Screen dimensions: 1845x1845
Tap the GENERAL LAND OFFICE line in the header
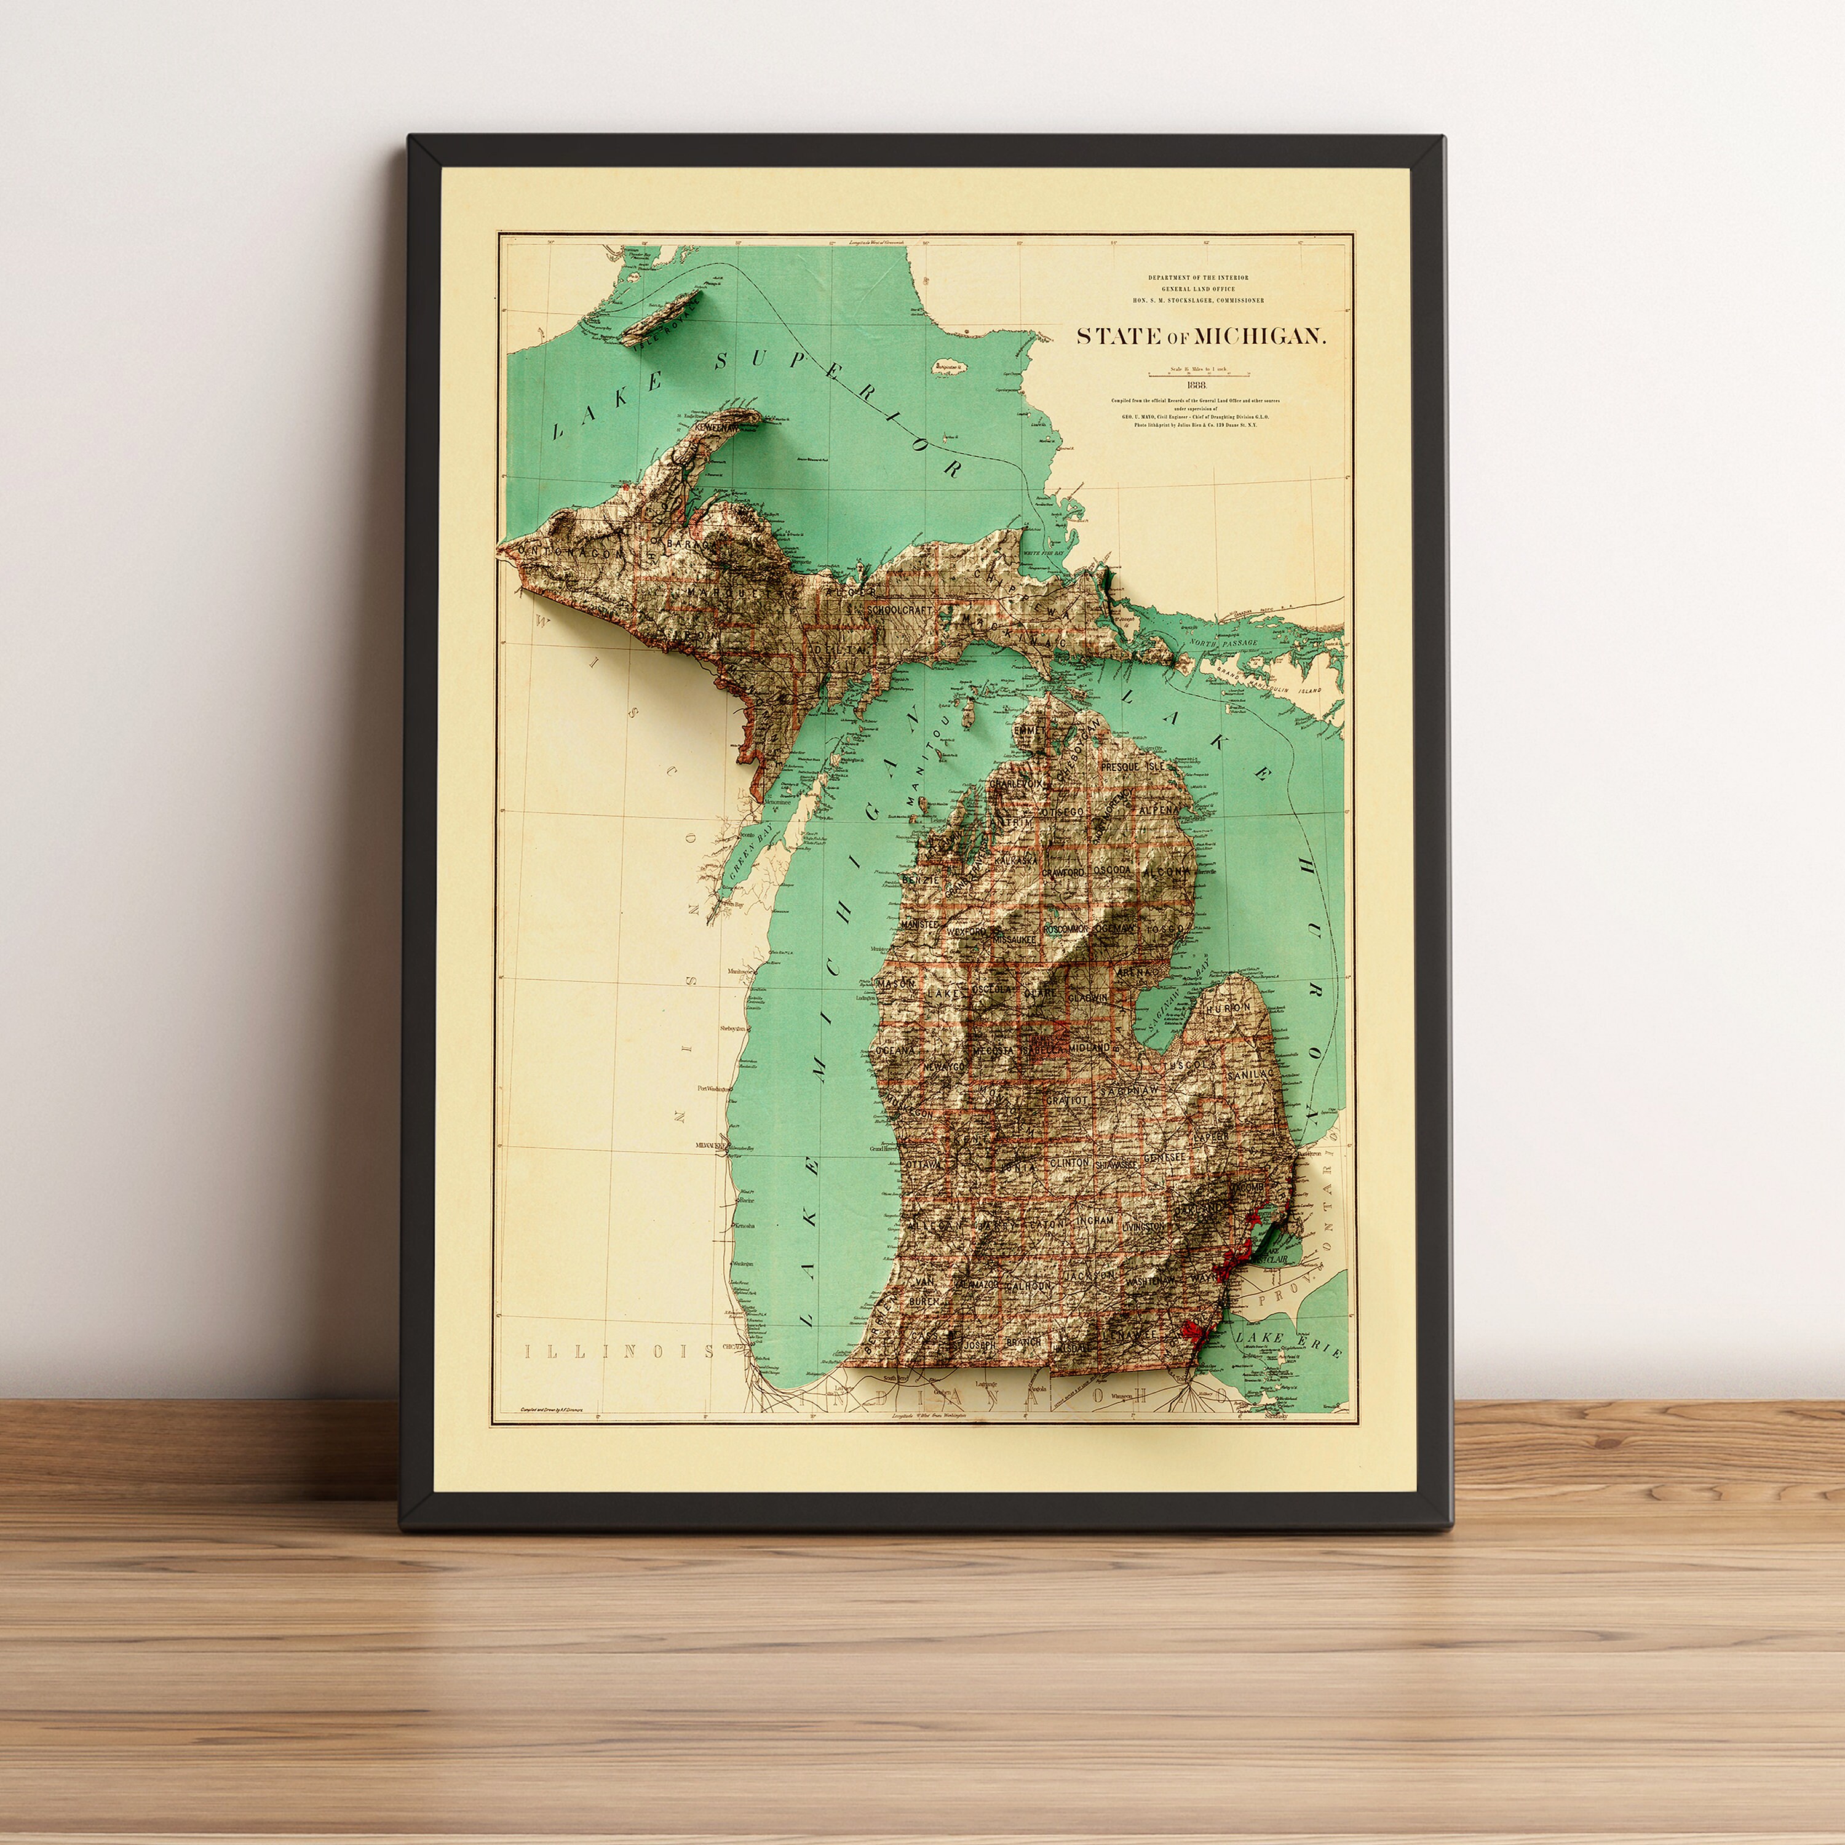[x=1197, y=288]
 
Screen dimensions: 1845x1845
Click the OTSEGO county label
[x=1062, y=812]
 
